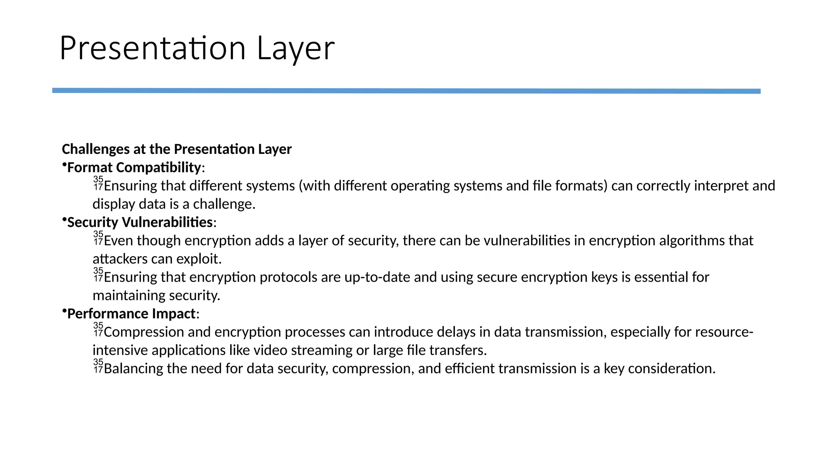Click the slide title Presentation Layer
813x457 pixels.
point(197,48)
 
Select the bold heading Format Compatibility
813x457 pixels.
point(134,167)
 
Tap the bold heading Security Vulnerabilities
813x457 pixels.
point(140,222)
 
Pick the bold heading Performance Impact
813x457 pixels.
point(131,314)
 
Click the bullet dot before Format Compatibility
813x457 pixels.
point(64,164)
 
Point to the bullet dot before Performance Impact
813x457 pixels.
point(64,311)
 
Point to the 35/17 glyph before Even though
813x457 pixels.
point(98,238)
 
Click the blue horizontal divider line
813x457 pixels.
point(406,91)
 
